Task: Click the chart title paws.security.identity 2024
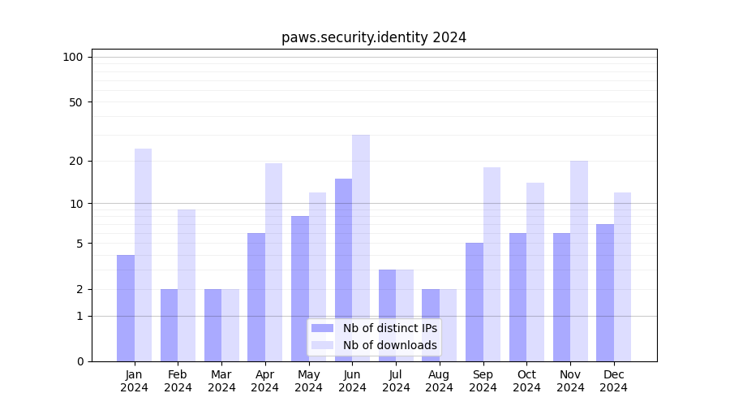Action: tap(374, 37)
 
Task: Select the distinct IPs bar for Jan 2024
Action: tap(126, 308)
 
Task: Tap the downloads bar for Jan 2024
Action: tap(143, 255)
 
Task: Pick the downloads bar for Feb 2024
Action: tap(187, 285)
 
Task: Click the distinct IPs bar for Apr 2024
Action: tap(256, 297)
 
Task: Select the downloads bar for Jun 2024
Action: tap(361, 248)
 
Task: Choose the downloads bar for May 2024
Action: tap(317, 277)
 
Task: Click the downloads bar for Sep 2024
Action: tap(492, 264)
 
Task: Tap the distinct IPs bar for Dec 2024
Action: tap(605, 292)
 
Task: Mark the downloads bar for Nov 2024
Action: tap(579, 261)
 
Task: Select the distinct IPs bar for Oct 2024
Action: tap(517, 297)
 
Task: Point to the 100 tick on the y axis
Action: tap(73, 57)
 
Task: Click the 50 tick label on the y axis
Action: tap(75, 102)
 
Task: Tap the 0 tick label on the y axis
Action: tap(79, 361)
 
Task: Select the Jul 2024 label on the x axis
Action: tap(396, 381)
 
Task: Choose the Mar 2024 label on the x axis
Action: tap(221, 381)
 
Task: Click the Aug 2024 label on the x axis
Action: tap(440, 381)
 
